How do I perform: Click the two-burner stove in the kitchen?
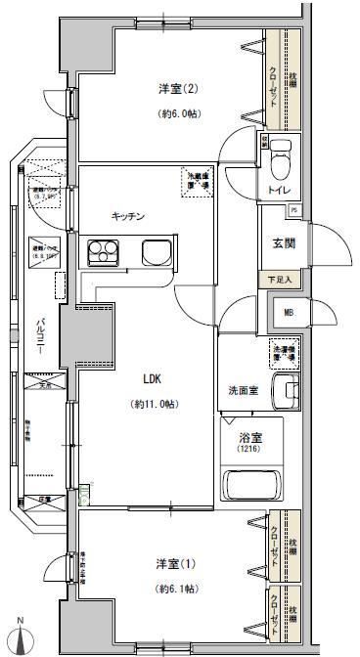103,253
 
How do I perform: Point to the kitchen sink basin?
157,253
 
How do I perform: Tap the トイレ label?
276,190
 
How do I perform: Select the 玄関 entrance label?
283,244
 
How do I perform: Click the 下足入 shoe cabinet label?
281,279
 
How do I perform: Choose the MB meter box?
288,313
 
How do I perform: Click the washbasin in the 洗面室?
286,393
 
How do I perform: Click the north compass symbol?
20,635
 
